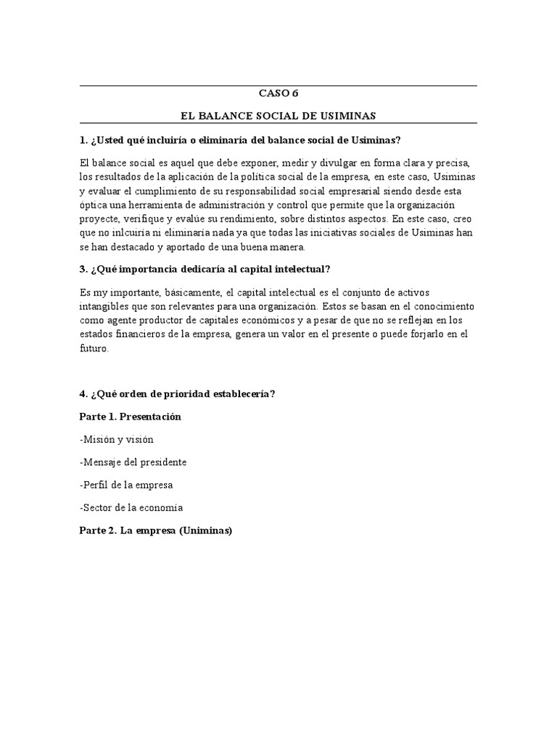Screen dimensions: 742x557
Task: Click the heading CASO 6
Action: (x=278, y=93)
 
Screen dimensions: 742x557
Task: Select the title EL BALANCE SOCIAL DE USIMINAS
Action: (x=278, y=115)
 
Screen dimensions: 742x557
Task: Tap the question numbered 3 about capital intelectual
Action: (x=205, y=269)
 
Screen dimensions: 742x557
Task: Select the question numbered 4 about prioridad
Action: (x=177, y=393)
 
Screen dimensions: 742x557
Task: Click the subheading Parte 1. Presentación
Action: (x=131, y=417)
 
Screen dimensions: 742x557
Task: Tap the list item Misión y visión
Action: (x=116, y=439)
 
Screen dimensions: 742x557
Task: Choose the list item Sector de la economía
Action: (x=131, y=507)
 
